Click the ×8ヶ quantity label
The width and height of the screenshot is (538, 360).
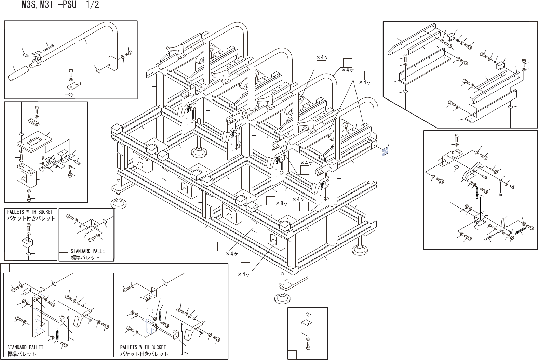click(282, 203)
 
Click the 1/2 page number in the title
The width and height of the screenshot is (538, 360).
click(92, 5)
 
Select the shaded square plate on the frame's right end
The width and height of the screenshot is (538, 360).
click(386, 151)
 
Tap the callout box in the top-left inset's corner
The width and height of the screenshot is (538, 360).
click(9, 25)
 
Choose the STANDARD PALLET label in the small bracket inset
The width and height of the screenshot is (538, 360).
click(89, 251)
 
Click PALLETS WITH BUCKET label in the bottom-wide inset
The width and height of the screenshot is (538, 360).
click(143, 347)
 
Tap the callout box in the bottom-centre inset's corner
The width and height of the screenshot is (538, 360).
click(292, 355)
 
